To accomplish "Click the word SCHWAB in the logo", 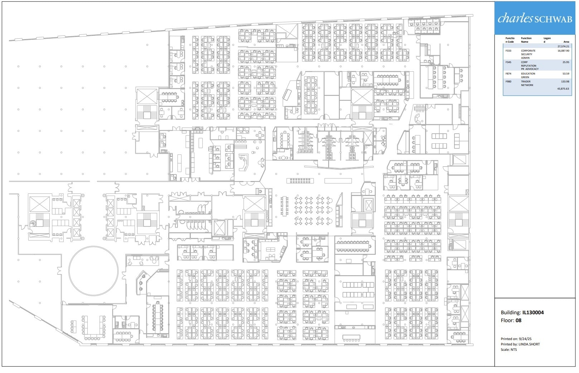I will [553, 19].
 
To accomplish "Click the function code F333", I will [508, 51].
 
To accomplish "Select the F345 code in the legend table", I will [508, 62].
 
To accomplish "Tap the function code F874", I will [508, 74].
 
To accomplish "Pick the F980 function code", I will [508, 82].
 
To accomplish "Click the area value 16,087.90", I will [563, 51].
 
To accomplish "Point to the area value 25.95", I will [565, 62].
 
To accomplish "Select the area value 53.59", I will [565, 74].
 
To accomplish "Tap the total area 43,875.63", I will [563, 89].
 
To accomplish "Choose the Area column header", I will [566, 42].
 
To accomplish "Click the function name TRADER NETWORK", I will [527, 83].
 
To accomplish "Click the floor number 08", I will [518, 321].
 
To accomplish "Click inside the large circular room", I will [93, 271].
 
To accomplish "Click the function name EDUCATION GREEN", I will [528, 76].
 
